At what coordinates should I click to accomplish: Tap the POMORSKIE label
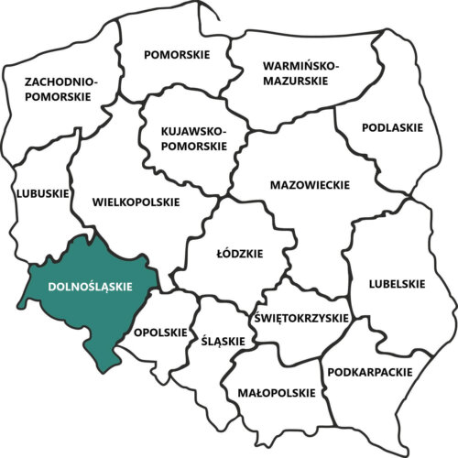coord(177,55)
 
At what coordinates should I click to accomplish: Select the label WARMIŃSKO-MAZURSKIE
coord(300,73)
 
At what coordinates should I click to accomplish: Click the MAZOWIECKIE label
coord(310,185)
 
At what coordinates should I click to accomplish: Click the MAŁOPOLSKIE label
coord(272,393)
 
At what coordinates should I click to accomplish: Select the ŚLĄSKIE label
coord(223,342)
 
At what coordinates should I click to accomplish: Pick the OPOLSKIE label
coord(160,332)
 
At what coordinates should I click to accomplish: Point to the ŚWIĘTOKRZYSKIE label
coord(300,318)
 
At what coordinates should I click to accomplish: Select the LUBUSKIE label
coord(42,193)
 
